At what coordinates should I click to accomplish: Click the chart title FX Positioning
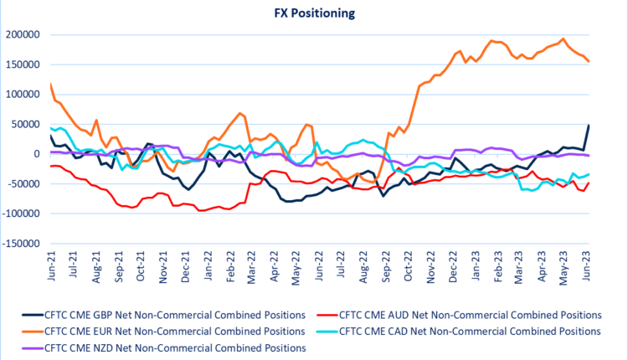tap(315, 13)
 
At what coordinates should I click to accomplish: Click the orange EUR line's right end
tap(589, 61)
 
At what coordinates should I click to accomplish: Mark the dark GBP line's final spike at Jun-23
tap(589, 126)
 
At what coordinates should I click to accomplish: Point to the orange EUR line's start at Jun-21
tap(51, 84)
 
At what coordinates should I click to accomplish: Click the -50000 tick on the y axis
tap(25, 184)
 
